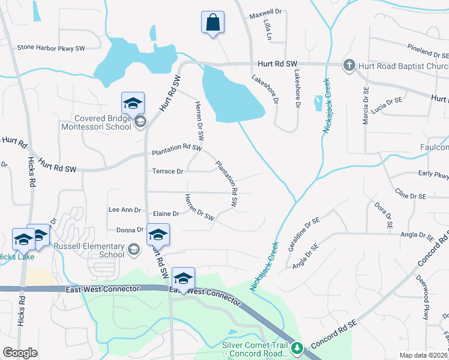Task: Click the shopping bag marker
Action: tap(212, 23)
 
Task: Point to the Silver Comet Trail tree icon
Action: tap(297, 347)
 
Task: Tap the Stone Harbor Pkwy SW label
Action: tap(51, 47)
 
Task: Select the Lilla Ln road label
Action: tap(267, 29)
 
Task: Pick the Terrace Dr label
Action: tap(167, 172)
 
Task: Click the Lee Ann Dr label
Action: tap(124, 210)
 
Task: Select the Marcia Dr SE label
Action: tap(365, 106)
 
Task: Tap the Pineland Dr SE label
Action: tap(428, 50)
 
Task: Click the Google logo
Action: tap(20, 352)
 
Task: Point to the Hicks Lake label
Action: tap(17, 257)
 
